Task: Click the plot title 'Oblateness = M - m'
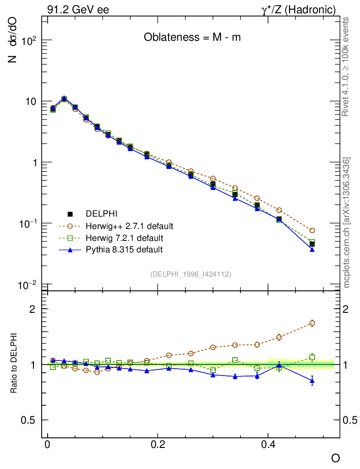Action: [x=192, y=38]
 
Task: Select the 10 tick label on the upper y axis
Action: [x=31, y=101]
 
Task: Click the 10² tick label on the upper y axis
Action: [x=29, y=40]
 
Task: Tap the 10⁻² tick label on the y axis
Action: [x=28, y=285]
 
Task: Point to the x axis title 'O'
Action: [x=336, y=458]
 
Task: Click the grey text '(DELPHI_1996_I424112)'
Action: [x=191, y=274]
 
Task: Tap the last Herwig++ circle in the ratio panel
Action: [x=312, y=323]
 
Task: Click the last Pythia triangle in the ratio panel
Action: [x=312, y=380]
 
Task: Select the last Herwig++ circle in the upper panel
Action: [x=312, y=230]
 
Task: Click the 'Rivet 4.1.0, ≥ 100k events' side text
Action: [x=346, y=66]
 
